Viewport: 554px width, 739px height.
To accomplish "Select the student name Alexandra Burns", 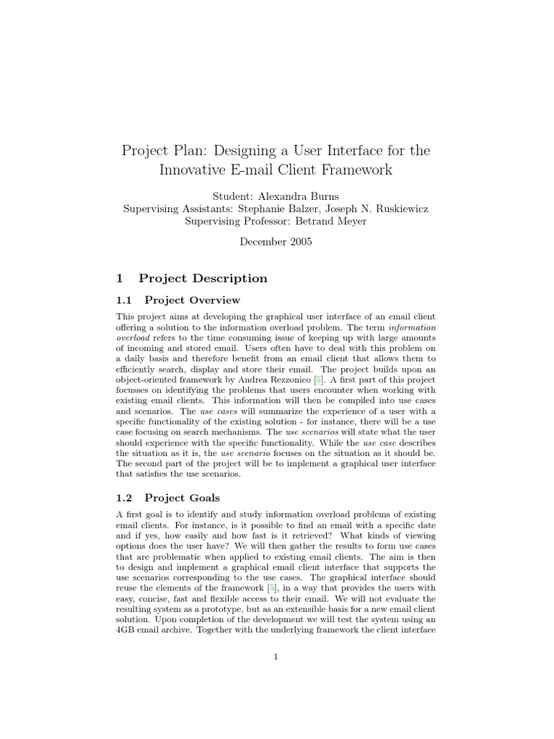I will (302, 196).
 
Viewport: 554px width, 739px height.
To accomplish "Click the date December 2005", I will (276, 242).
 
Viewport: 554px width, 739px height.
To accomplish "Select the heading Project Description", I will (203, 279).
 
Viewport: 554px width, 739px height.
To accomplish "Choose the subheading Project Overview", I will (192, 300).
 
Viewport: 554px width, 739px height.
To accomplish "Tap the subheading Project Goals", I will (182, 497).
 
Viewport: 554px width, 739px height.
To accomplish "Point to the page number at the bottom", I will (276, 656).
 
